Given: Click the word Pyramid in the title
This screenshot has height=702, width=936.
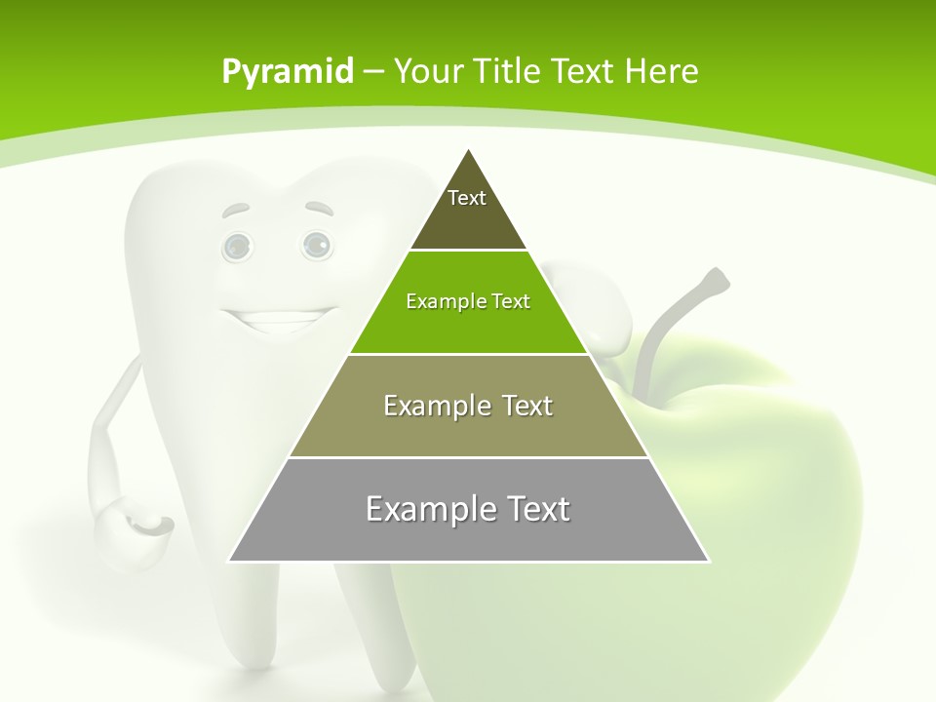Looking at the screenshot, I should click(288, 72).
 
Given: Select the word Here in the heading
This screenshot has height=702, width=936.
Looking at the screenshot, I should click(662, 71).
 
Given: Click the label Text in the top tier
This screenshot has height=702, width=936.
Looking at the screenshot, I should click(466, 198).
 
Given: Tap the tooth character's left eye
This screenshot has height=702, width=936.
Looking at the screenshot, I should click(237, 247).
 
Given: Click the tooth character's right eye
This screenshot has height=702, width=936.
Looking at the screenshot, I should click(316, 245).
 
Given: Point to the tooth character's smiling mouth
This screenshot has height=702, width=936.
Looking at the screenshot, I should click(276, 318).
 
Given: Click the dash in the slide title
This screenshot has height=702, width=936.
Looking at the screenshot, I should click(374, 72).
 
